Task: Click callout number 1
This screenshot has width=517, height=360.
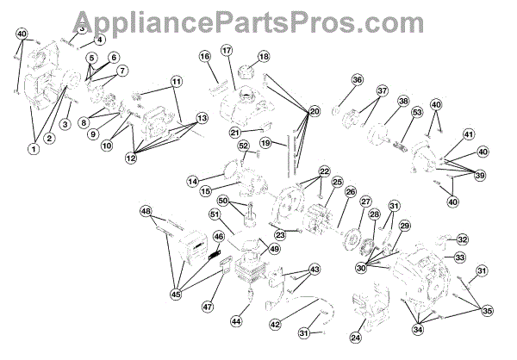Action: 34,149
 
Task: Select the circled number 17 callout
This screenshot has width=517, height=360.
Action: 227,51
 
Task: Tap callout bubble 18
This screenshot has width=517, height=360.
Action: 263,57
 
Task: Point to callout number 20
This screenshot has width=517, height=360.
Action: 315,111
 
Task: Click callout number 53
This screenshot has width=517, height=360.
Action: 417,112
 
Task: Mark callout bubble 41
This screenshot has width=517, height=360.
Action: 468,134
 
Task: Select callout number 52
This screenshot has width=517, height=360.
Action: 243,146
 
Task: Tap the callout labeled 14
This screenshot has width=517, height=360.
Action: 193,181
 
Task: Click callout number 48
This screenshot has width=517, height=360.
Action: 146,211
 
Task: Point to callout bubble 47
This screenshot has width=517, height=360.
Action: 207,307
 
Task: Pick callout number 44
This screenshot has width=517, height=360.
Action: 234,320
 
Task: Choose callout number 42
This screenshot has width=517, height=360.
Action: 275,324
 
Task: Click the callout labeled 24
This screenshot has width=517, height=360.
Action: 357,337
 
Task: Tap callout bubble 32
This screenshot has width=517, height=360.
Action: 463,239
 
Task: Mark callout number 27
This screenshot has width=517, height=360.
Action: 365,201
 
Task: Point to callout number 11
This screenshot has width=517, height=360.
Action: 176,82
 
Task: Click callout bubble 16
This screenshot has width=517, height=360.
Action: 204,56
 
